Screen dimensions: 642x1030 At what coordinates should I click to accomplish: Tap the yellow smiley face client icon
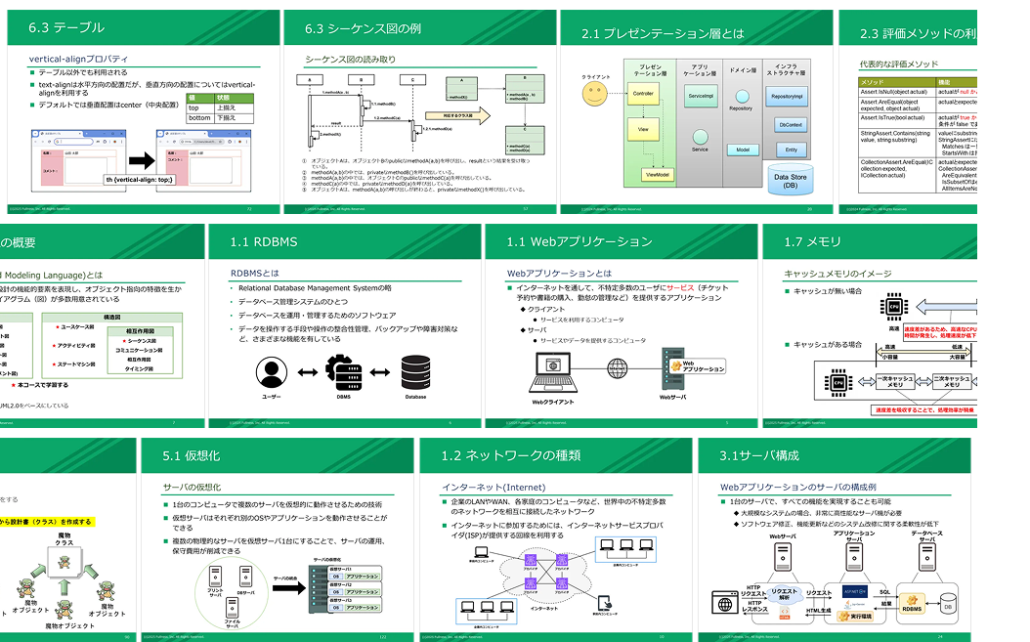coord(595,94)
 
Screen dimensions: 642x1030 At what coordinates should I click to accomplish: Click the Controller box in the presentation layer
coord(643,94)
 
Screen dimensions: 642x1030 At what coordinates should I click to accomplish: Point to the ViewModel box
coord(657,174)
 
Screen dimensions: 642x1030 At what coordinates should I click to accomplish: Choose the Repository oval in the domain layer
coord(740,108)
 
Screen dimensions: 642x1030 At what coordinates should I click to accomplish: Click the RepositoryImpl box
coord(787,97)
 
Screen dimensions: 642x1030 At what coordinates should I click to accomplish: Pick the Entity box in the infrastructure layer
coord(791,150)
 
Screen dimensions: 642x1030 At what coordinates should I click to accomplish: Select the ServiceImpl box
coord(701,97)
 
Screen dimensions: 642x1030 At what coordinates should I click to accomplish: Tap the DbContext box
coord(791,125)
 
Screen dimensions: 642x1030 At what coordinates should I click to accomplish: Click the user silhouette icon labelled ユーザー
coord(271,373)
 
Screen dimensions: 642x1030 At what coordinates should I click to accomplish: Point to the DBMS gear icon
coord(343,372)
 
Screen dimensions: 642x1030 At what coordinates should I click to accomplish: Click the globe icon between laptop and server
coord(618,368)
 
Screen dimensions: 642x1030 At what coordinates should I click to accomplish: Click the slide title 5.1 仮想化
coord(192,455)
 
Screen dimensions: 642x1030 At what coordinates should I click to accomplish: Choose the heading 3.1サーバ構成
coord(759,455)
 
